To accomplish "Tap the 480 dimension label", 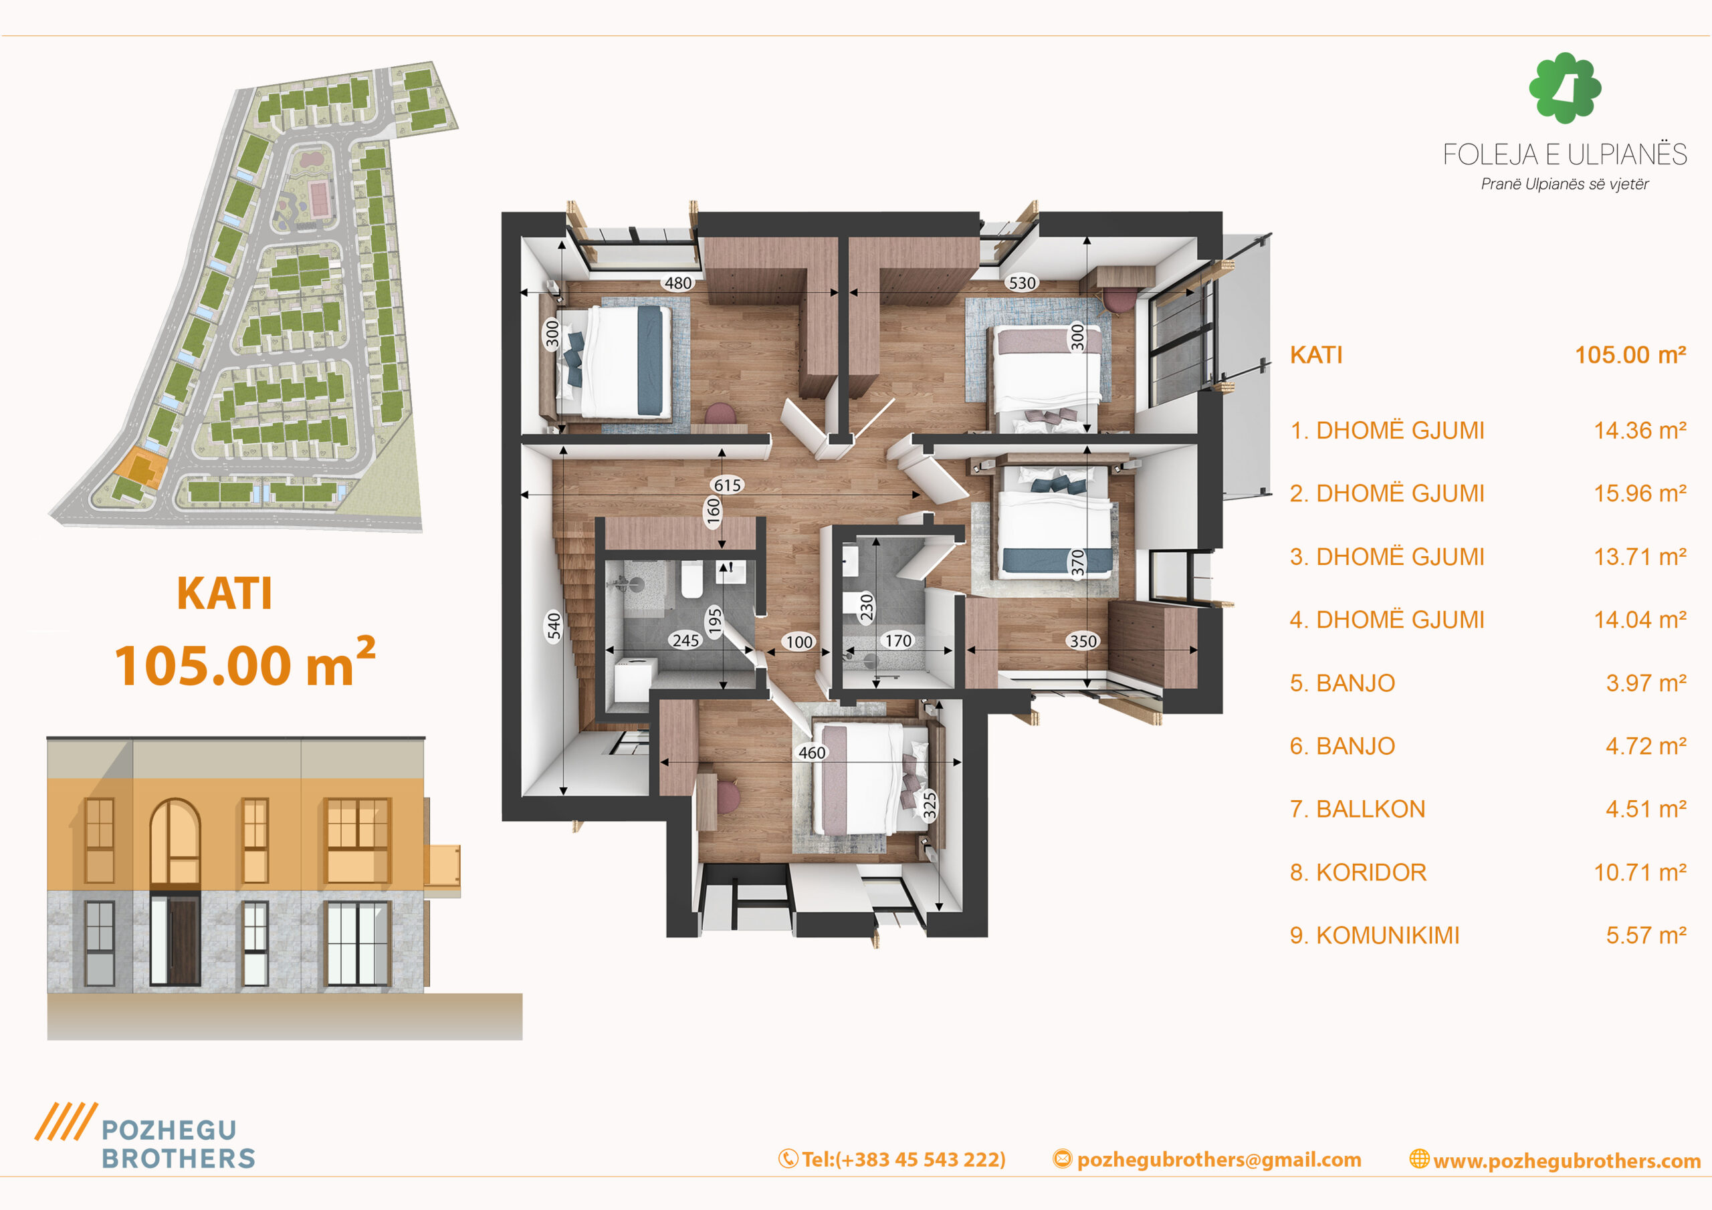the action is click(x=678, y=283).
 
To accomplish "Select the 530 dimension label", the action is click(x=1022, y=283).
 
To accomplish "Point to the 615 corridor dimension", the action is click(x=727, y=485).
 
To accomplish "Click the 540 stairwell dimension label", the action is click(x=553, y=626).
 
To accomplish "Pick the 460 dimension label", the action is click(x=812, y=753).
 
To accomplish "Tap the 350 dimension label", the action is click(x=1083, y=641).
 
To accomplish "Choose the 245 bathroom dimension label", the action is click(x=685, y=640).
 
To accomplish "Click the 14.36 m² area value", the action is click(x=1640, y=430).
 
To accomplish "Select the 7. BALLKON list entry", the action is click(x=1357, y=809).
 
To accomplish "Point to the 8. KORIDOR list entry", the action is click(x=1358, y=872).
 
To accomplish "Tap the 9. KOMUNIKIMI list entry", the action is click(x=1374, y=935).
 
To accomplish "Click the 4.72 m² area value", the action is click(x=1646, y=745).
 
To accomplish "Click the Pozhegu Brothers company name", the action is click(x=178, y=1144).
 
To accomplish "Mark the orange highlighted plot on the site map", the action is click(x=140, y=468).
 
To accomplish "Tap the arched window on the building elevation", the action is click(x=175, y=842).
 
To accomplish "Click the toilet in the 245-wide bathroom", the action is click(x=691, y=580).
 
